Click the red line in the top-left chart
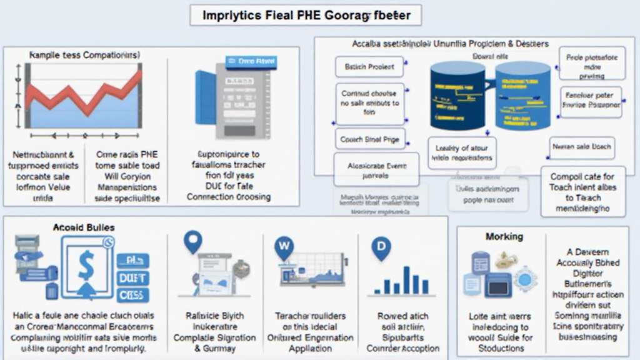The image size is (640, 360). [81, 93]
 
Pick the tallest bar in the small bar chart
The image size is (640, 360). [407, 279]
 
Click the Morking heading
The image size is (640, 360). [504, 237]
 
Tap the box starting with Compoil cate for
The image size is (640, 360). [583, 192]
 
